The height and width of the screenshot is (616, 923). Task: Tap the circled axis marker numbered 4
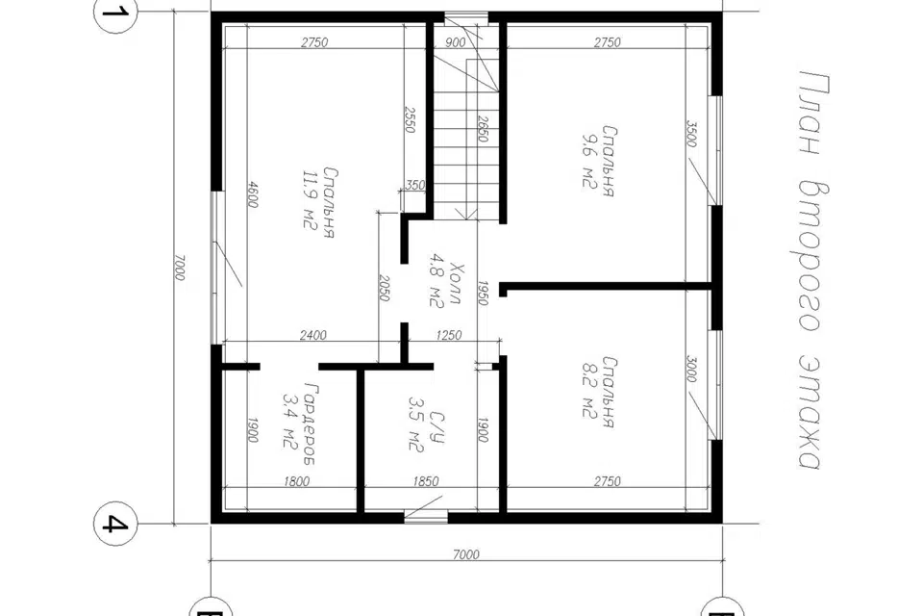click(115, 524)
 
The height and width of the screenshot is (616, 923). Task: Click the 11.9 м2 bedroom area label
click(318, 203)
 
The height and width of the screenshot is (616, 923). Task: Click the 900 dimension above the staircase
click(455, 41)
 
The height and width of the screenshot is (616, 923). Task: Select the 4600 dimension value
click(251, 193)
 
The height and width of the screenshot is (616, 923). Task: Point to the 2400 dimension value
click(312, 335)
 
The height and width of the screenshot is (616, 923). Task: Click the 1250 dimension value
click(449, 335)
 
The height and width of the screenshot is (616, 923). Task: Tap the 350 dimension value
click(415, 185)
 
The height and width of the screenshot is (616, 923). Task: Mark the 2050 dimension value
click(384, 288)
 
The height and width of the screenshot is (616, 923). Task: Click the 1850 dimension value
click(426, 481)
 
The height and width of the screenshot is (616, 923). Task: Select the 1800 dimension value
click(297, 481)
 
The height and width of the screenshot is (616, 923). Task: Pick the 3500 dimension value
click(691, 134)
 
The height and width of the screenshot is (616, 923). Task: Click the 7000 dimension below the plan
click(466, 554)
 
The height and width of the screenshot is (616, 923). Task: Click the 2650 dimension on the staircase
click(483, 128)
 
